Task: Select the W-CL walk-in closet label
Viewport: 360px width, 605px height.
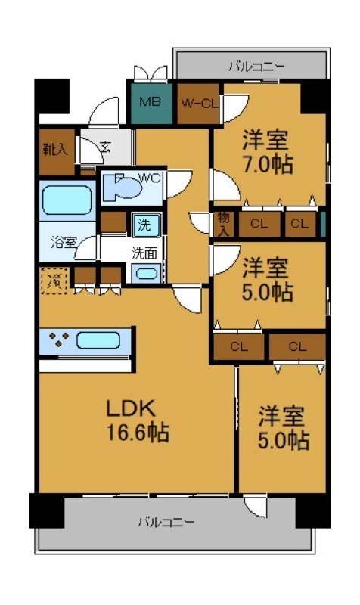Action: [199, 103]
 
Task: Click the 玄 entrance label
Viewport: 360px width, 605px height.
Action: [104, 148]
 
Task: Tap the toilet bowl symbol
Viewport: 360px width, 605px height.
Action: [121, 188]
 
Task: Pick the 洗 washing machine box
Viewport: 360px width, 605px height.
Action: [143, 224]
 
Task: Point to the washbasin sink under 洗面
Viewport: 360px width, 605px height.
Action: [147, 274]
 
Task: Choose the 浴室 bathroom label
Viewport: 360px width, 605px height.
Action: [64, 243]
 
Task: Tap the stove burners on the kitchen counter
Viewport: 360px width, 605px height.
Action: [59, 340]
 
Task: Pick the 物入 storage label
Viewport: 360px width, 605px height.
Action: [222, 224]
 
